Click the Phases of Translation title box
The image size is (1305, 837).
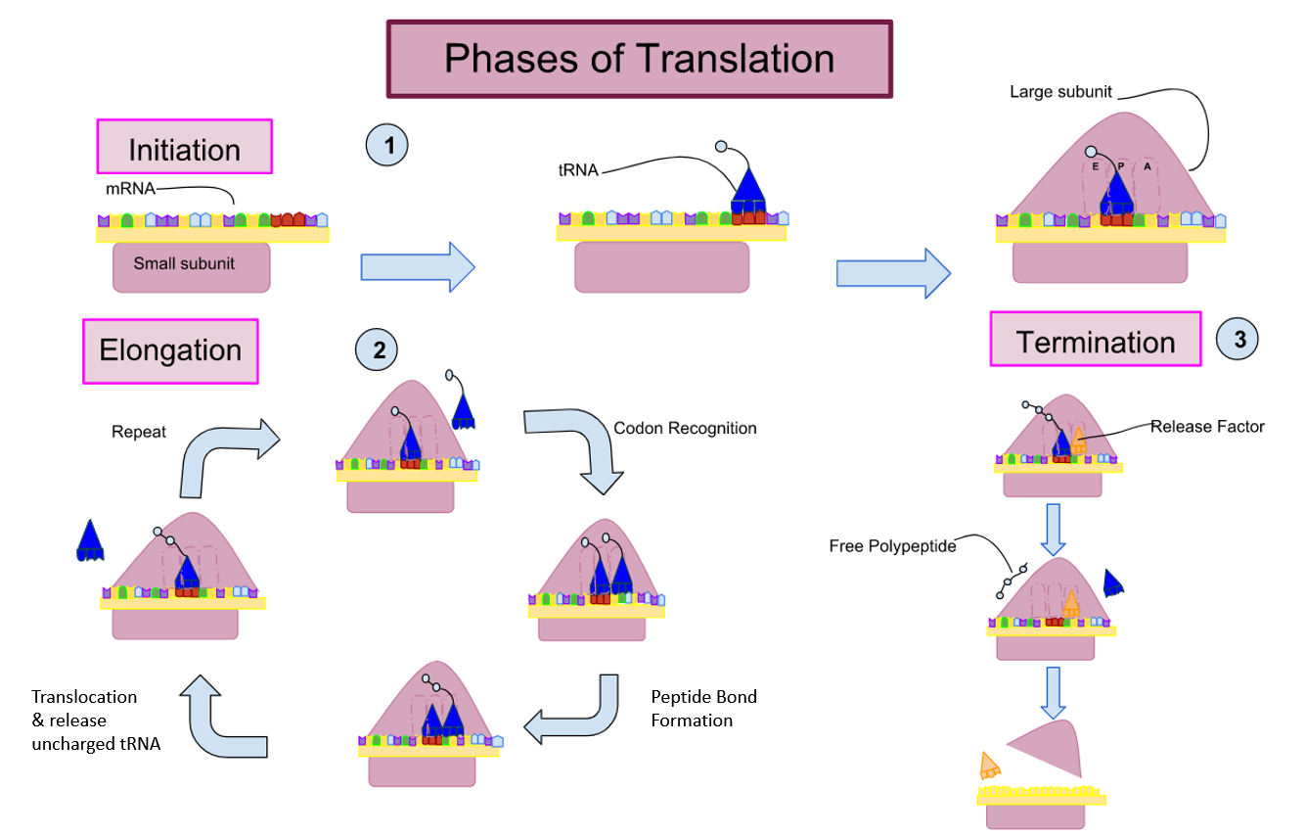coord(639,59)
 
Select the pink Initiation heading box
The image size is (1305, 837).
coord(184,148)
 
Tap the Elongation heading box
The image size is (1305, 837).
coord(170,351)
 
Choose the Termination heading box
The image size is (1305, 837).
coord(1095,341)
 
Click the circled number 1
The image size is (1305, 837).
coord(386,146)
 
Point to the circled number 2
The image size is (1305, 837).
coord(377,349)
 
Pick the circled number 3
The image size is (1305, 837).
coord(1237,341)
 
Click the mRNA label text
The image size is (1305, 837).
coord(130,189)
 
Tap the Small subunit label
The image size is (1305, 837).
coord(184,263)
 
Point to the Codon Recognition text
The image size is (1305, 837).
coord(685,428)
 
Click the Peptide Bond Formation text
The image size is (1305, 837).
coord(691,709)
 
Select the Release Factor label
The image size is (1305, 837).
coord(1206,426)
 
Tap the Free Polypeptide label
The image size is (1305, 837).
coord(890,546)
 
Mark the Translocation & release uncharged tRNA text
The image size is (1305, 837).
coord(95,720)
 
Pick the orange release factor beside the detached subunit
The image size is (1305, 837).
coord(989,767)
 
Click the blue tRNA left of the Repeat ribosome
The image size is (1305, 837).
coord(90,541)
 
